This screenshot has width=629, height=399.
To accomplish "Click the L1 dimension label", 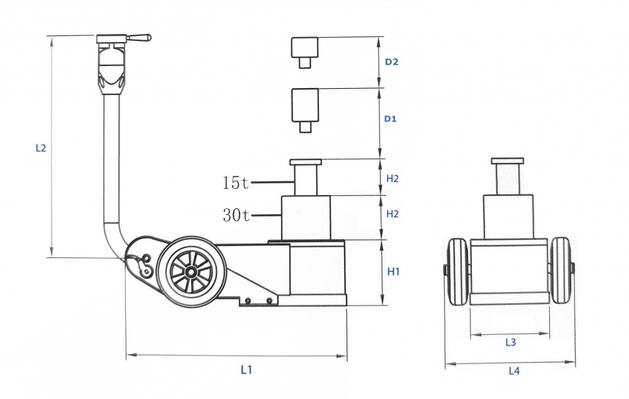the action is [247, 369].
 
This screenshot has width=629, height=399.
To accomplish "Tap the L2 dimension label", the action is [41, 148].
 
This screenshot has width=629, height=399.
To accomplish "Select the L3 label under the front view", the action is [510, 342].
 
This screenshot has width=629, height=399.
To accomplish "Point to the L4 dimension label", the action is [514, 371].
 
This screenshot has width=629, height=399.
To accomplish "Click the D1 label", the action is [391, 119].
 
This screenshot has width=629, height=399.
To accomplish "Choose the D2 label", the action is [391, 62].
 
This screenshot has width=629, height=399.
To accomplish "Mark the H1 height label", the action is [394, 272].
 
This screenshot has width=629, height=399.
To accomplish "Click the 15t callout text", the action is [236, 183].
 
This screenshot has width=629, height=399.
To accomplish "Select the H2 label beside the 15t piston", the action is [392, 179].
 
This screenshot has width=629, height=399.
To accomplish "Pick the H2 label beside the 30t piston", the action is [392, 214].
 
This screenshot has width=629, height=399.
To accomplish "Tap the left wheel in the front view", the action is [458, 271].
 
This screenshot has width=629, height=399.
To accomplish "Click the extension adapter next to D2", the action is [305, 53].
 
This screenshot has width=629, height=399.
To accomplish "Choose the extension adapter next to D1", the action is [305, 110].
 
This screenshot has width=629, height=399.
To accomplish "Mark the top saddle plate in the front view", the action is [508, 161].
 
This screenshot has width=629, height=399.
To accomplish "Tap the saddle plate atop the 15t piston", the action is [306, 162].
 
